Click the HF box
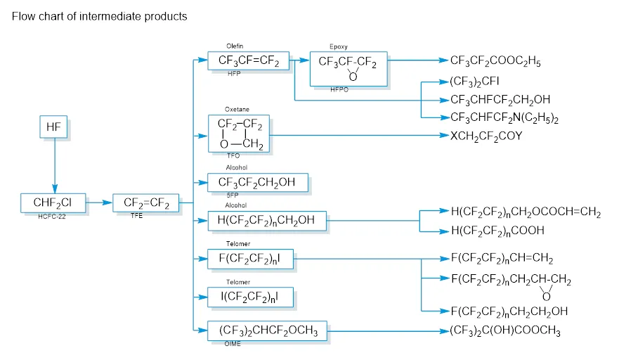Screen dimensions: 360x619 pos(54,127)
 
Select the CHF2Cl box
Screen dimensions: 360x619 pos(54,203)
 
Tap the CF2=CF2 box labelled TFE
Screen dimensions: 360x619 pos(146,203)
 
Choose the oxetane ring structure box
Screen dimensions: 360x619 pos(239,134)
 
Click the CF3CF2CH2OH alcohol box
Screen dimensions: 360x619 pos(258,183)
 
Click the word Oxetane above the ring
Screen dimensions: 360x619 pos(237,110)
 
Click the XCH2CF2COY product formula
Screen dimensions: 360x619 pos(496,135)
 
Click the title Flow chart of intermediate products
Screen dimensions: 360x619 pos(100,16)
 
